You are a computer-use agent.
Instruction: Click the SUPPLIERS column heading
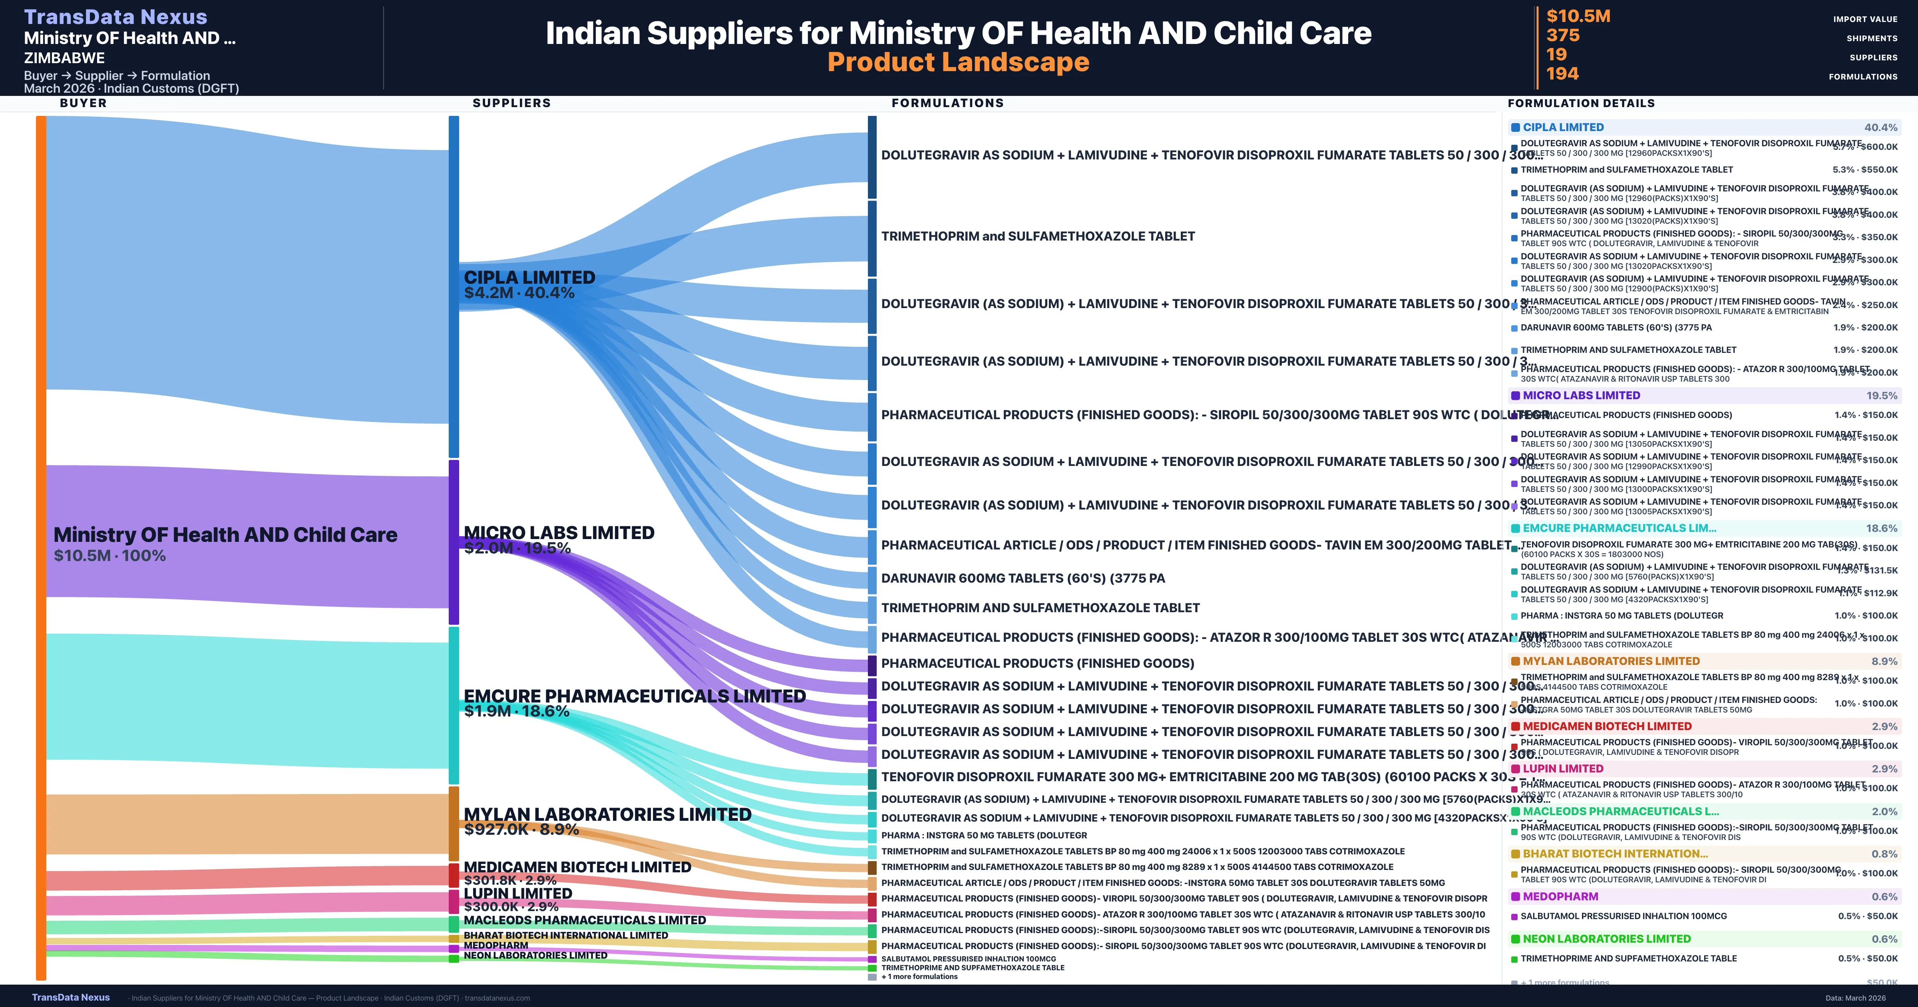(x=511, y=103)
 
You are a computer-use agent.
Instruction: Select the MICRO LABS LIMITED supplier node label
(x=559, y=533)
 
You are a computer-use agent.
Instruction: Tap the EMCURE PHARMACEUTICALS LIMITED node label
(x=635, y=696)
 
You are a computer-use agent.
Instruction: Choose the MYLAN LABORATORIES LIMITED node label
(x=607, y=814)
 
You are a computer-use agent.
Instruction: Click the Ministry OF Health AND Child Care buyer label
(x=225, y=535)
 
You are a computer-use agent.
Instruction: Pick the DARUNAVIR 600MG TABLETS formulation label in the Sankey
(x=1022, y=578)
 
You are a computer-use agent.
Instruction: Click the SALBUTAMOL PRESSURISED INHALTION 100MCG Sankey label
(x=968, y=959)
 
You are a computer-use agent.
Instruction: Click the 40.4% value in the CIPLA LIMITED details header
(x=1880, y=127)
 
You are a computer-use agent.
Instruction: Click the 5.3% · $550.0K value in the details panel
(x=1864, y=170)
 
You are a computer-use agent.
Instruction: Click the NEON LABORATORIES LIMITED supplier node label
(x=535, y=955)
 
